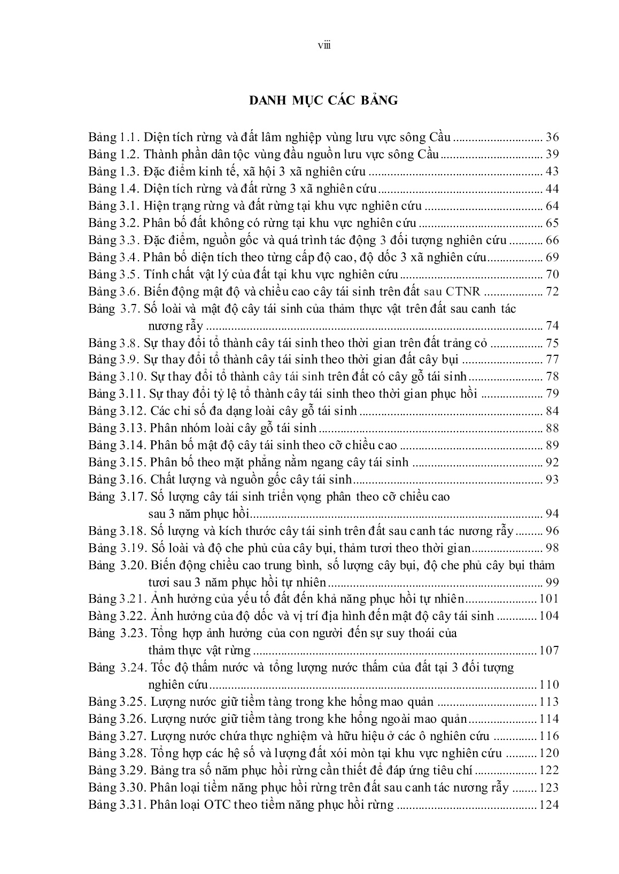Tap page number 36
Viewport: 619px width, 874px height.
[x=551, y=138]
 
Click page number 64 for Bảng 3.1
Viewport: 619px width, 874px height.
[x=551, y=206]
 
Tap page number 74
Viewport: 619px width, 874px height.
[x=551, y=326]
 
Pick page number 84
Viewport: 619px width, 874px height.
[x=551, y=411]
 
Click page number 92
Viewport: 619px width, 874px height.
[x=551, y=463]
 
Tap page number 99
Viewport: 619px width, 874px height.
[x=551, y=582]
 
